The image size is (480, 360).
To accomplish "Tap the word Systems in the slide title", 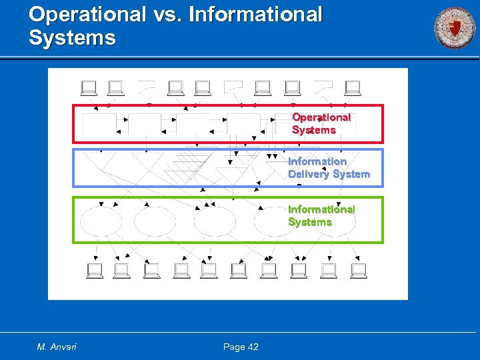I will coord(72,37).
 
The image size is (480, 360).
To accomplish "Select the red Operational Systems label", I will coord(321,123).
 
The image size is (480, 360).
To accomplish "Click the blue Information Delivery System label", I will coord(328,167).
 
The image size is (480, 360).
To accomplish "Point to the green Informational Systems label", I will coord(321,215).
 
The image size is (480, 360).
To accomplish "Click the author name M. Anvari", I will coord(57,347).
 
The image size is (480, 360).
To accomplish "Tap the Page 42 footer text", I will coord(241,347).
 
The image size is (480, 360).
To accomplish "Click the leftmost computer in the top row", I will coord(88,87).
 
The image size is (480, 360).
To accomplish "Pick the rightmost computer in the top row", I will coord(352,87).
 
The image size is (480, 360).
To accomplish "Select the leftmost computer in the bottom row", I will coord(94,270).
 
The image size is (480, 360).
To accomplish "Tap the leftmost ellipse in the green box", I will coord(101,222).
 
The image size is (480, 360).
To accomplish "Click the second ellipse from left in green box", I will coord(154,222).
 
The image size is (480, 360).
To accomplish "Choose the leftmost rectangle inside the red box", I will coord(98,123).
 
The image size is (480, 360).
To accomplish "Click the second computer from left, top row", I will coord(115,87).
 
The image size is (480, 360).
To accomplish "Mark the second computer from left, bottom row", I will coord(121,270).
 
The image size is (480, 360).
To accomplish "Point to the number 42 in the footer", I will coord(252,347).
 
